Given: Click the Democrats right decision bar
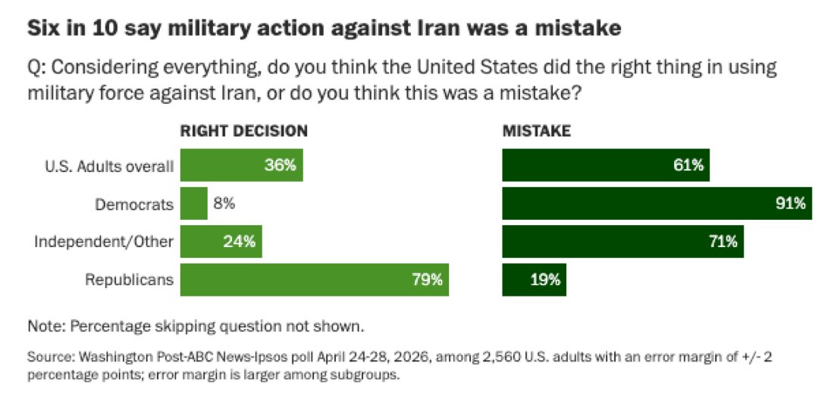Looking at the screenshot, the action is click(193, 204).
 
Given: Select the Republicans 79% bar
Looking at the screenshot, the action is click(315, 280).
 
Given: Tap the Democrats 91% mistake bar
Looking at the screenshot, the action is click(657, 204).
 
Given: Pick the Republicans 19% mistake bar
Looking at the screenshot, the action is click(534, 280).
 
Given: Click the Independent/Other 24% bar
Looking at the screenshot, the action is click(221, 242).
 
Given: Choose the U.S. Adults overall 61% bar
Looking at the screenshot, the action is click(606, 165).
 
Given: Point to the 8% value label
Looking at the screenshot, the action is click(224, 204).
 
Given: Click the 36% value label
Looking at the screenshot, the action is click(280, 165).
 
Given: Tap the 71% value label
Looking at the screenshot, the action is click(722, 242).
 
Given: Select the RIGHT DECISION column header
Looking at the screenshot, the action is click(243, 131).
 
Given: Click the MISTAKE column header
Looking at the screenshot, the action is click(536, 131).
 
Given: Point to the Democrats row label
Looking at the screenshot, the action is click(134, 204).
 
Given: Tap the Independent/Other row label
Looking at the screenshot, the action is click(105, 243).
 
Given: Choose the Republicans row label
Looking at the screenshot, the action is click(130, 280).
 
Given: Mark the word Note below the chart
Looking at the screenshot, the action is click(45, 326).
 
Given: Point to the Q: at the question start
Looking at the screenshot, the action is click(36, 68).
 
